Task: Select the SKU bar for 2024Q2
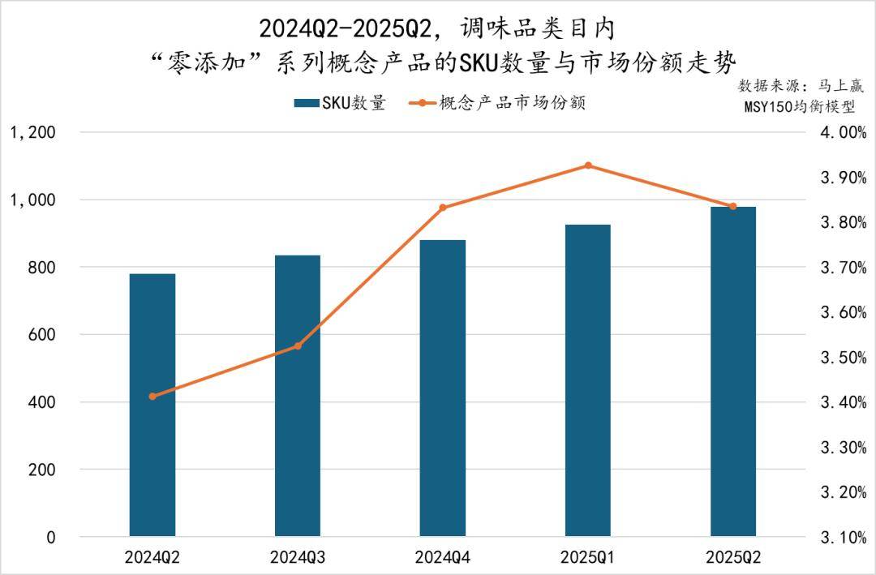(152, 406)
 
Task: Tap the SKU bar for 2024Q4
(443, 388)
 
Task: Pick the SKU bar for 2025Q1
(588, 380)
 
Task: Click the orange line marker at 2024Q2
(152, 396)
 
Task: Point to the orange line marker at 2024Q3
(298, 346)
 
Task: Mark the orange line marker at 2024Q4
(443, 208)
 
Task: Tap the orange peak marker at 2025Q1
(588, 165)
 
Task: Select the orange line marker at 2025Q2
(733, 207)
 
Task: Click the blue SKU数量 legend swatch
(306, 104)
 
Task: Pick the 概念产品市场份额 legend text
(512, 104)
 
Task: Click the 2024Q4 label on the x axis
(443, 558)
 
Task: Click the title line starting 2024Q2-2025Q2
(437, 29)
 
